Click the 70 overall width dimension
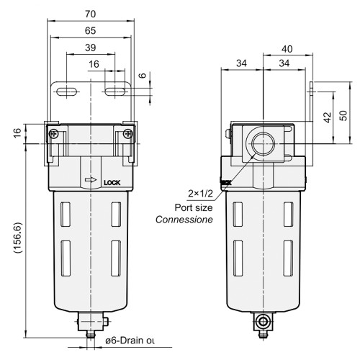(x=90, y=13)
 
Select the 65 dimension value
(x=90, y=31)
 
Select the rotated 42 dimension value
(x=328, y=117)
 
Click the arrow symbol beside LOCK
(x=91, y=182)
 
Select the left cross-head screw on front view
(x=54, y=133)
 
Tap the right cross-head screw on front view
(x=127, y=133)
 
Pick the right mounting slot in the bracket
(x=115, y=91)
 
